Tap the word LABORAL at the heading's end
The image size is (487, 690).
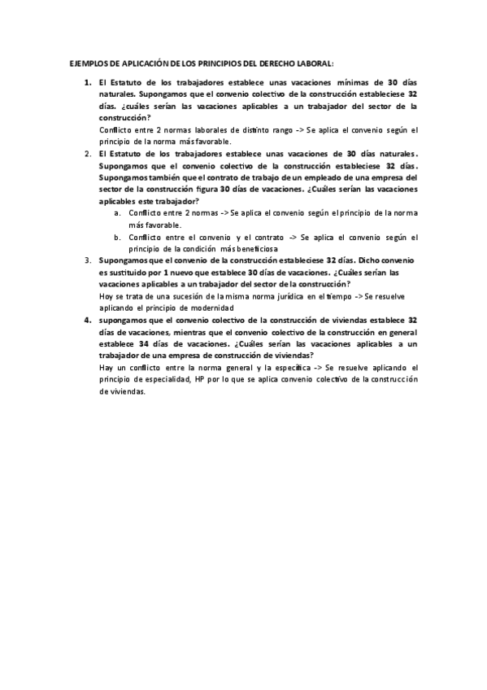point(316,63)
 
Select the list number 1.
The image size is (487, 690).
point(88,83)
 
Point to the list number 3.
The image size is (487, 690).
point(88,260)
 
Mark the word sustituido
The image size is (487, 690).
point(121,273)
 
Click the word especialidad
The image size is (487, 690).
point(165,379)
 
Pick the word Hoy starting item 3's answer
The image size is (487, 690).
point(106,297)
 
